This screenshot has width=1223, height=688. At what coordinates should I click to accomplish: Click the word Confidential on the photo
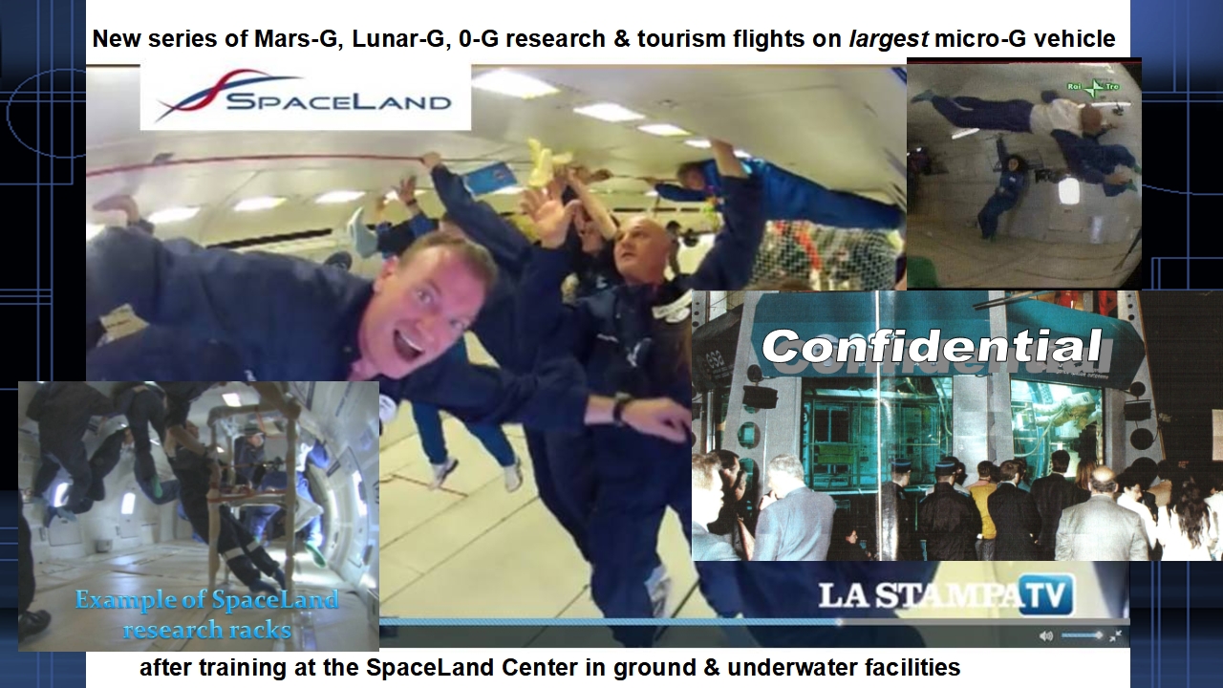[932, 346]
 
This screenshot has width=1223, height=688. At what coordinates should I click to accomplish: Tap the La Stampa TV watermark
[946, 594]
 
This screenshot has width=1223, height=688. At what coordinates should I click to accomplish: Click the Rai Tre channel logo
[1094, 88]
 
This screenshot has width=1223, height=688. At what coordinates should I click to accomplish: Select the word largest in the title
[889, 39]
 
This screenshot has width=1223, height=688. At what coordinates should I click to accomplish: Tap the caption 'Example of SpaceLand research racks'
[206, 614]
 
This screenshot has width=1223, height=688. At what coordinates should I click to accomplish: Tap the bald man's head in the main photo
[640, 247]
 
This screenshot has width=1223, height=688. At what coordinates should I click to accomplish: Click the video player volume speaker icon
[1046, 635]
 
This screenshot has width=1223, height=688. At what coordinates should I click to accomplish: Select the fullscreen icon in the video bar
[1116, 635]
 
